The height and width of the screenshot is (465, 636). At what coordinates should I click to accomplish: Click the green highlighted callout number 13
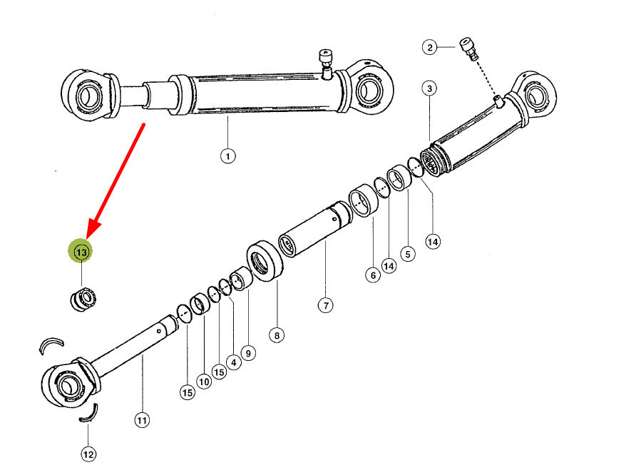point(81,252)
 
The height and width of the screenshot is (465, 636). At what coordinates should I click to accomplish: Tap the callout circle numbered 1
point(228,155)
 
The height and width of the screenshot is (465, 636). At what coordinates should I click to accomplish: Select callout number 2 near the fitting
point(430,47)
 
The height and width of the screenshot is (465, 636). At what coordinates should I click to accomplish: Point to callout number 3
point(429,88)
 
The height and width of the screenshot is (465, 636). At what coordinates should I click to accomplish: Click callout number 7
point(326,305)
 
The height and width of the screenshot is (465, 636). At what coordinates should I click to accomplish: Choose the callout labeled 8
point(277,335)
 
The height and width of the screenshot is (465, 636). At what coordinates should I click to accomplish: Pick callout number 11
point(142,420)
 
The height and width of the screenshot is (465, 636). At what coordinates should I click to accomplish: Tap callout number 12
point(88,454)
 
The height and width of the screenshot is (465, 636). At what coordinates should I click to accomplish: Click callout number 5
point(408,254)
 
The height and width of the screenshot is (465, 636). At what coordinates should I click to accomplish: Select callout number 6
point(373,275)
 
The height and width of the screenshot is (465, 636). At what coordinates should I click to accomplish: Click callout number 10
point(204,382)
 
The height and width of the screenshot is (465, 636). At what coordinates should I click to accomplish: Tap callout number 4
point(234,362)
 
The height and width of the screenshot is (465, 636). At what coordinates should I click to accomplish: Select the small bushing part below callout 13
point(83,299)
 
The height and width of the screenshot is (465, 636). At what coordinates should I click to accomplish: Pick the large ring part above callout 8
point(265,261)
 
